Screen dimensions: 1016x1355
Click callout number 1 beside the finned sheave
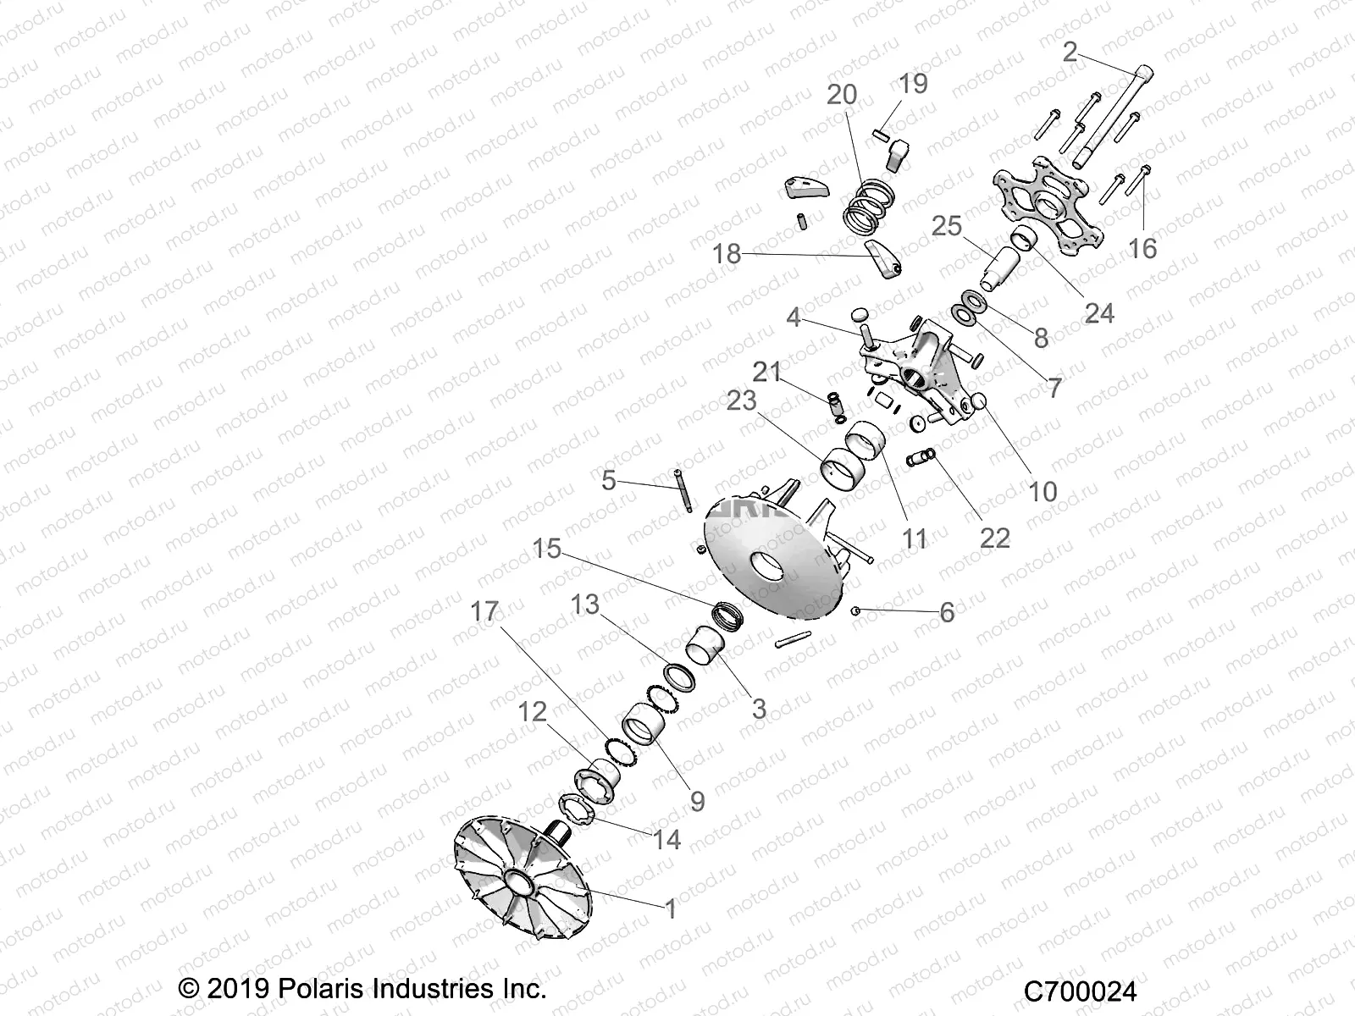click(x=671, y=909)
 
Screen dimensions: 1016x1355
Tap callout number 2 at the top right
click(x=1070, y=52)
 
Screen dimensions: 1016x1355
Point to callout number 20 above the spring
click(x=842, y=95)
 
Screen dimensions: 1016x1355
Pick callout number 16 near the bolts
click(x=1143, y=248)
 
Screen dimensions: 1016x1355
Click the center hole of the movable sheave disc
click(x=767, y=567)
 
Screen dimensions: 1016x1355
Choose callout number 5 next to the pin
click(x=609, y=481)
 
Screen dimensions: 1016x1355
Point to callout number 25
click(x=947, y=226)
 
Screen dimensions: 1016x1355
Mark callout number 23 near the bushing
click(x=742, y=400)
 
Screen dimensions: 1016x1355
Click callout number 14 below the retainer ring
click(x=666, y=839)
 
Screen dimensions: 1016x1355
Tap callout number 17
click(x=485, y=611)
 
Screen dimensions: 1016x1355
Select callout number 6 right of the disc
click(x=947, y=612)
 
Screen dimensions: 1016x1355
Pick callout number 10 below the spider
click(x=1043, y=491)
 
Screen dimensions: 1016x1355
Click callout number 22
click(x=994, y=538)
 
